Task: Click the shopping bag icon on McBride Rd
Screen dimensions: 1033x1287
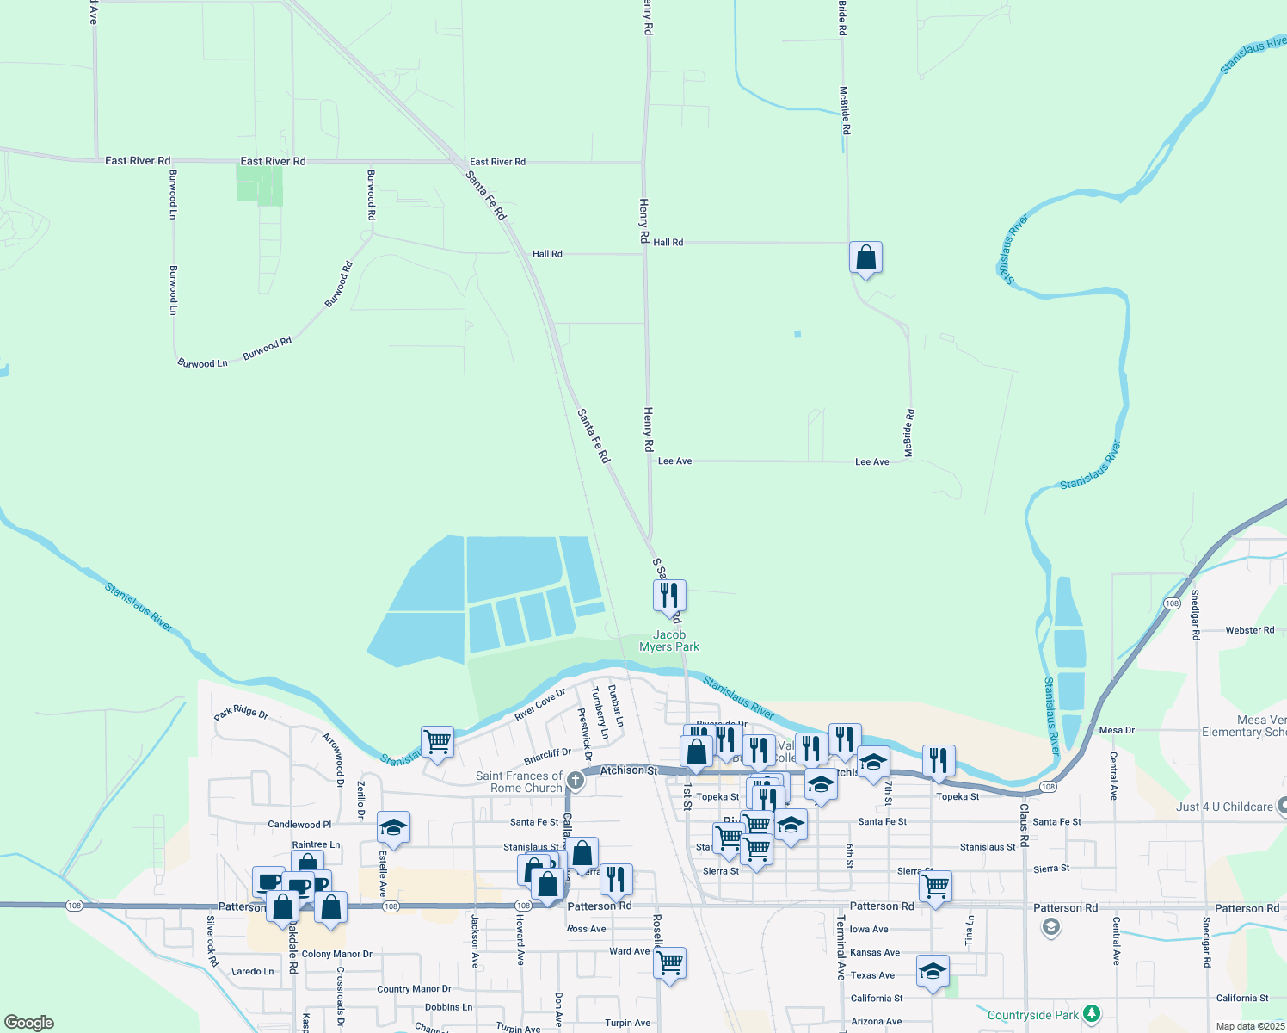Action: tap(865, 257)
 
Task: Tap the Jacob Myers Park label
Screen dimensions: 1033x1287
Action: tap(669, 640)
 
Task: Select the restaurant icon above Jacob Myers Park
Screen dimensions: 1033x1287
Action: tap(669, 596)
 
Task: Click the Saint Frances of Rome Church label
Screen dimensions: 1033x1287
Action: tap(519, 782)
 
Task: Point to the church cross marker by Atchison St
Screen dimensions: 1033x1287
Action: tap(576, 781)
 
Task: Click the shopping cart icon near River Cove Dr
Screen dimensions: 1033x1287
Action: tap(437, 742)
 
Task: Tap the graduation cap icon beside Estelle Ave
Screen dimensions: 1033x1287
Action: tap(393, 827)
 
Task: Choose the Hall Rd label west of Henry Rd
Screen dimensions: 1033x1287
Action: tap(547, 254)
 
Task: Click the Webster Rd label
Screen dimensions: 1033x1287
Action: tap(1249, 630)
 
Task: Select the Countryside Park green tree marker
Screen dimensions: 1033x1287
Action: tap(1092, 1013)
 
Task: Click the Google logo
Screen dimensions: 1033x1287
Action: tap(28, 1023)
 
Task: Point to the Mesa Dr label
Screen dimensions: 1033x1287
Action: tap(1117, 730)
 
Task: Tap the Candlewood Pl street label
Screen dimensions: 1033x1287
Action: tap(299, 825)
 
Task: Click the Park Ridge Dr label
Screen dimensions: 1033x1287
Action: tap(241, 714)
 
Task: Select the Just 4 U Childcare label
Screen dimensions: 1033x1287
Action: tap(1224, 807)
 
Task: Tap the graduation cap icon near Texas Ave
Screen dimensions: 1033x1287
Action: tap(933, 972)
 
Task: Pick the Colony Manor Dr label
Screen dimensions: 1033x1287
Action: tap(337, 954)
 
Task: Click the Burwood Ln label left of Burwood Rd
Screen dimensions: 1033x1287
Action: tap(202, 363)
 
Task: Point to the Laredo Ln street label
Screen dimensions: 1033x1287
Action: tap(253, 971)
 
